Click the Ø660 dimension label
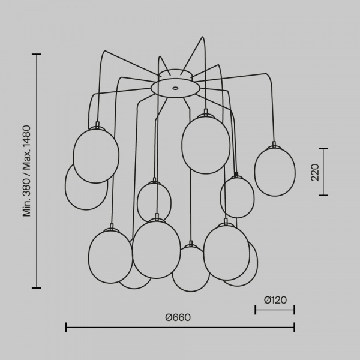(178, 317)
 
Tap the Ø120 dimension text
(275, 300)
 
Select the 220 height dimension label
(315, 172)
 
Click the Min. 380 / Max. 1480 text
(26, 171)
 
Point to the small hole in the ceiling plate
(175, 88)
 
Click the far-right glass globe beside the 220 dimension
(275, 172)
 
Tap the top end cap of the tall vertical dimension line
(37, 55)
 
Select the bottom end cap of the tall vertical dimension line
(37, 287)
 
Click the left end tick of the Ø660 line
(66, 327)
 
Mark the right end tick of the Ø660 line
(295, 327)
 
